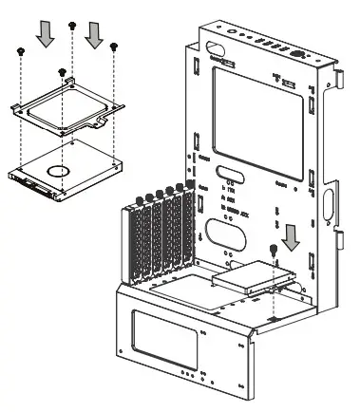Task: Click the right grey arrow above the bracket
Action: click(92, 34)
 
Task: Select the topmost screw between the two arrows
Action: click(72, 23)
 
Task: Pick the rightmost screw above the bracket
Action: click(114, 46)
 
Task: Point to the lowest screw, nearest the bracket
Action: click(63, 70)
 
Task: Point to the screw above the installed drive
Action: click(275, 251)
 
